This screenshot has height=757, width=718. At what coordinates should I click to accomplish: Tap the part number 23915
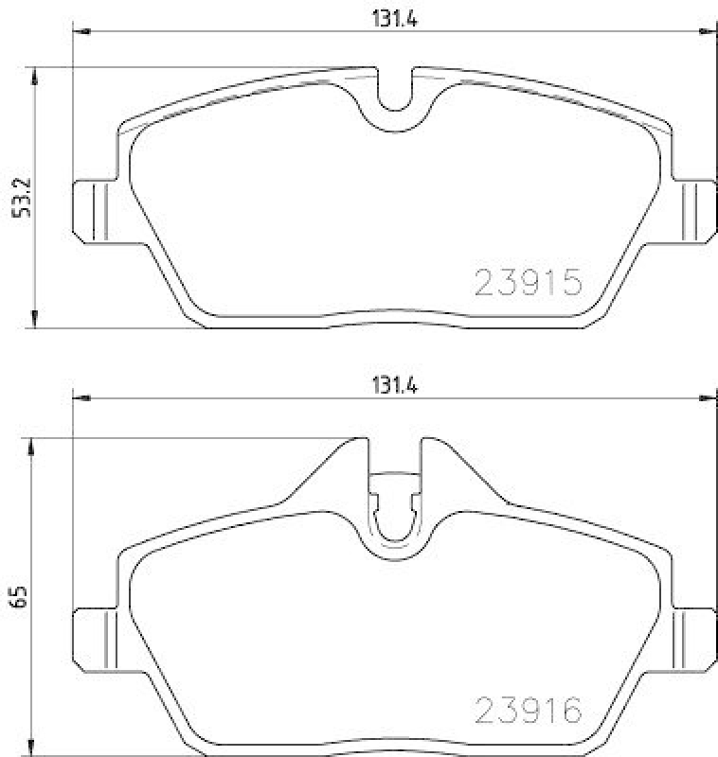click(526, 282)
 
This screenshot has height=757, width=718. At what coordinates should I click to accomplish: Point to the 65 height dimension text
click(18, 595)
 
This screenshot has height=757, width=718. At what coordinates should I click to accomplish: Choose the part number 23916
click(526, 710)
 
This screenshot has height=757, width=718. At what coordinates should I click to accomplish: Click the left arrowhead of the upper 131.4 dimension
click(81, 34)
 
